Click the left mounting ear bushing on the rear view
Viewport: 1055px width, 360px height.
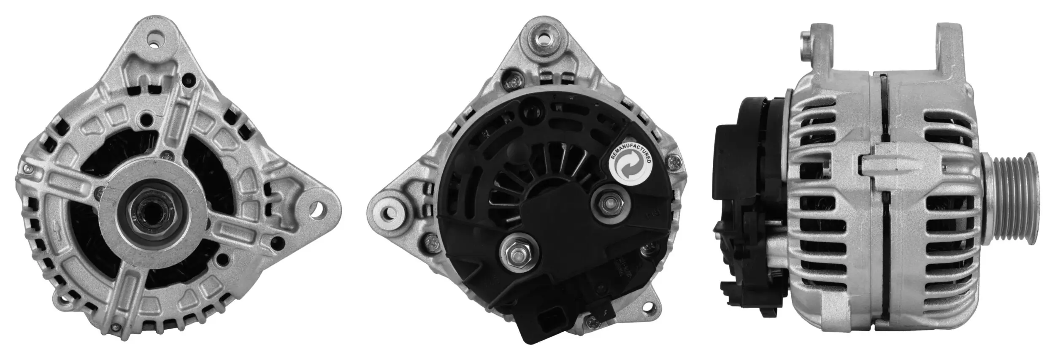(389, 209)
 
